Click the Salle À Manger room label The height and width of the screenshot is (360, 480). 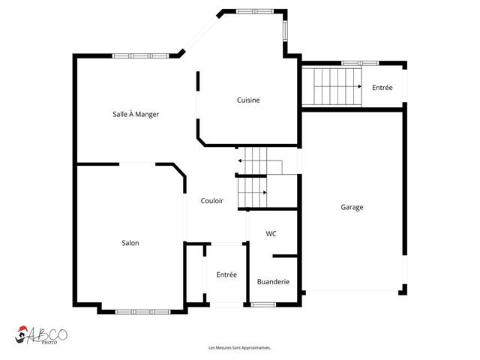pos(136,114)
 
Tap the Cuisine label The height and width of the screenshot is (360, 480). pos(248,100)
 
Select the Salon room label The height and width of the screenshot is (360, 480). pos(130,243)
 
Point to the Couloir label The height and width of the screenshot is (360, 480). pos(212,200)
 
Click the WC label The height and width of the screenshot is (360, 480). pos(271,234)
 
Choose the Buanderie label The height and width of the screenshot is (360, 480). pos(271,282)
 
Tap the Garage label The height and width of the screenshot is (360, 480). pos(352,207)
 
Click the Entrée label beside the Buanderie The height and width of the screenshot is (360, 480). pos(226,274)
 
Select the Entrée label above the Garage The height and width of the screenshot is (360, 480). pos(382,88)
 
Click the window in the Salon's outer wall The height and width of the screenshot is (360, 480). pos(138,311)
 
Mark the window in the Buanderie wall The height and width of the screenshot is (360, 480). pos(262,304)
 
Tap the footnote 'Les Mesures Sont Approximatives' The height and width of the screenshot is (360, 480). pos(239,348)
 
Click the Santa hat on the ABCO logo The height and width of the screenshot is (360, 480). pos(22,331)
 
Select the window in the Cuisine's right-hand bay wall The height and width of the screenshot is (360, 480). pos(285,30)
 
